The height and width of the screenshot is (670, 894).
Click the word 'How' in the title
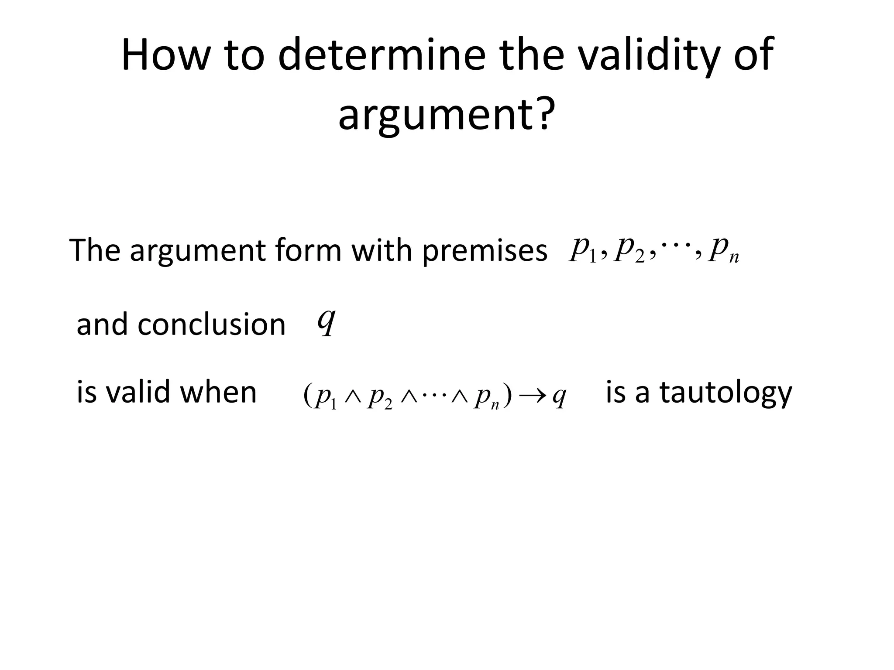pos(163,55)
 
